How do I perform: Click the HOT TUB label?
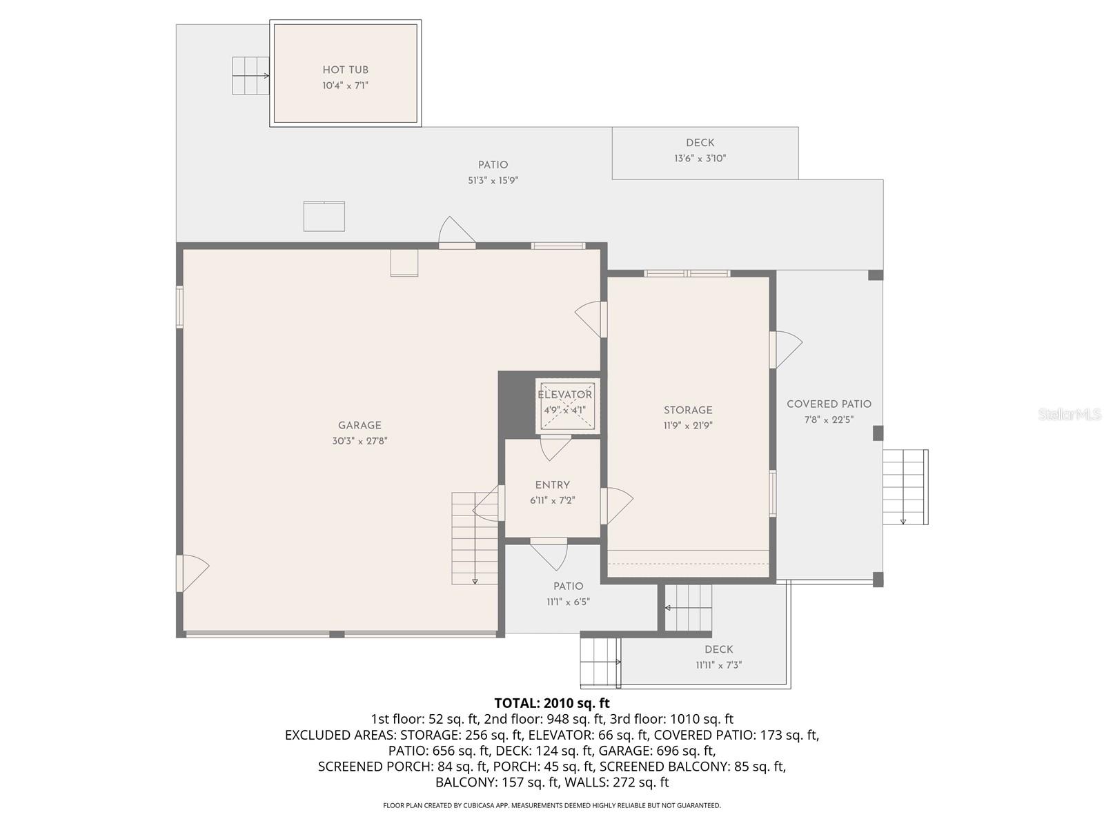pos(345,70)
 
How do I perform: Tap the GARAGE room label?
pos(359,426)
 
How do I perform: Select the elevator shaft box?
pos(567,407)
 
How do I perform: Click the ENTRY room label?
pos(552,485)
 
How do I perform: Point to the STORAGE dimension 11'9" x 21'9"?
pos(688,426)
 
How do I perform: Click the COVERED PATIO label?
pos(829,404)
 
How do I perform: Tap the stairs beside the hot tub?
pos(250,75)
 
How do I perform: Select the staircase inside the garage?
pos(475,538)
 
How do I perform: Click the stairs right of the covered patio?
pos(905,486)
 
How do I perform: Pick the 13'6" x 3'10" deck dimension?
pos(700,159)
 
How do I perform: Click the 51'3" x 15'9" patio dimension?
pos(493,181)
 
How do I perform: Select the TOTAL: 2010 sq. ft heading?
pos(552,703)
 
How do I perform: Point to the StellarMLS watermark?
pos(1069,415)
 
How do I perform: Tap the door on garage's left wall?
pos(193,573)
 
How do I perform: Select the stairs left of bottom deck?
pos(600,661)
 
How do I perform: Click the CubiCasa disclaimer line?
pos(552,805)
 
